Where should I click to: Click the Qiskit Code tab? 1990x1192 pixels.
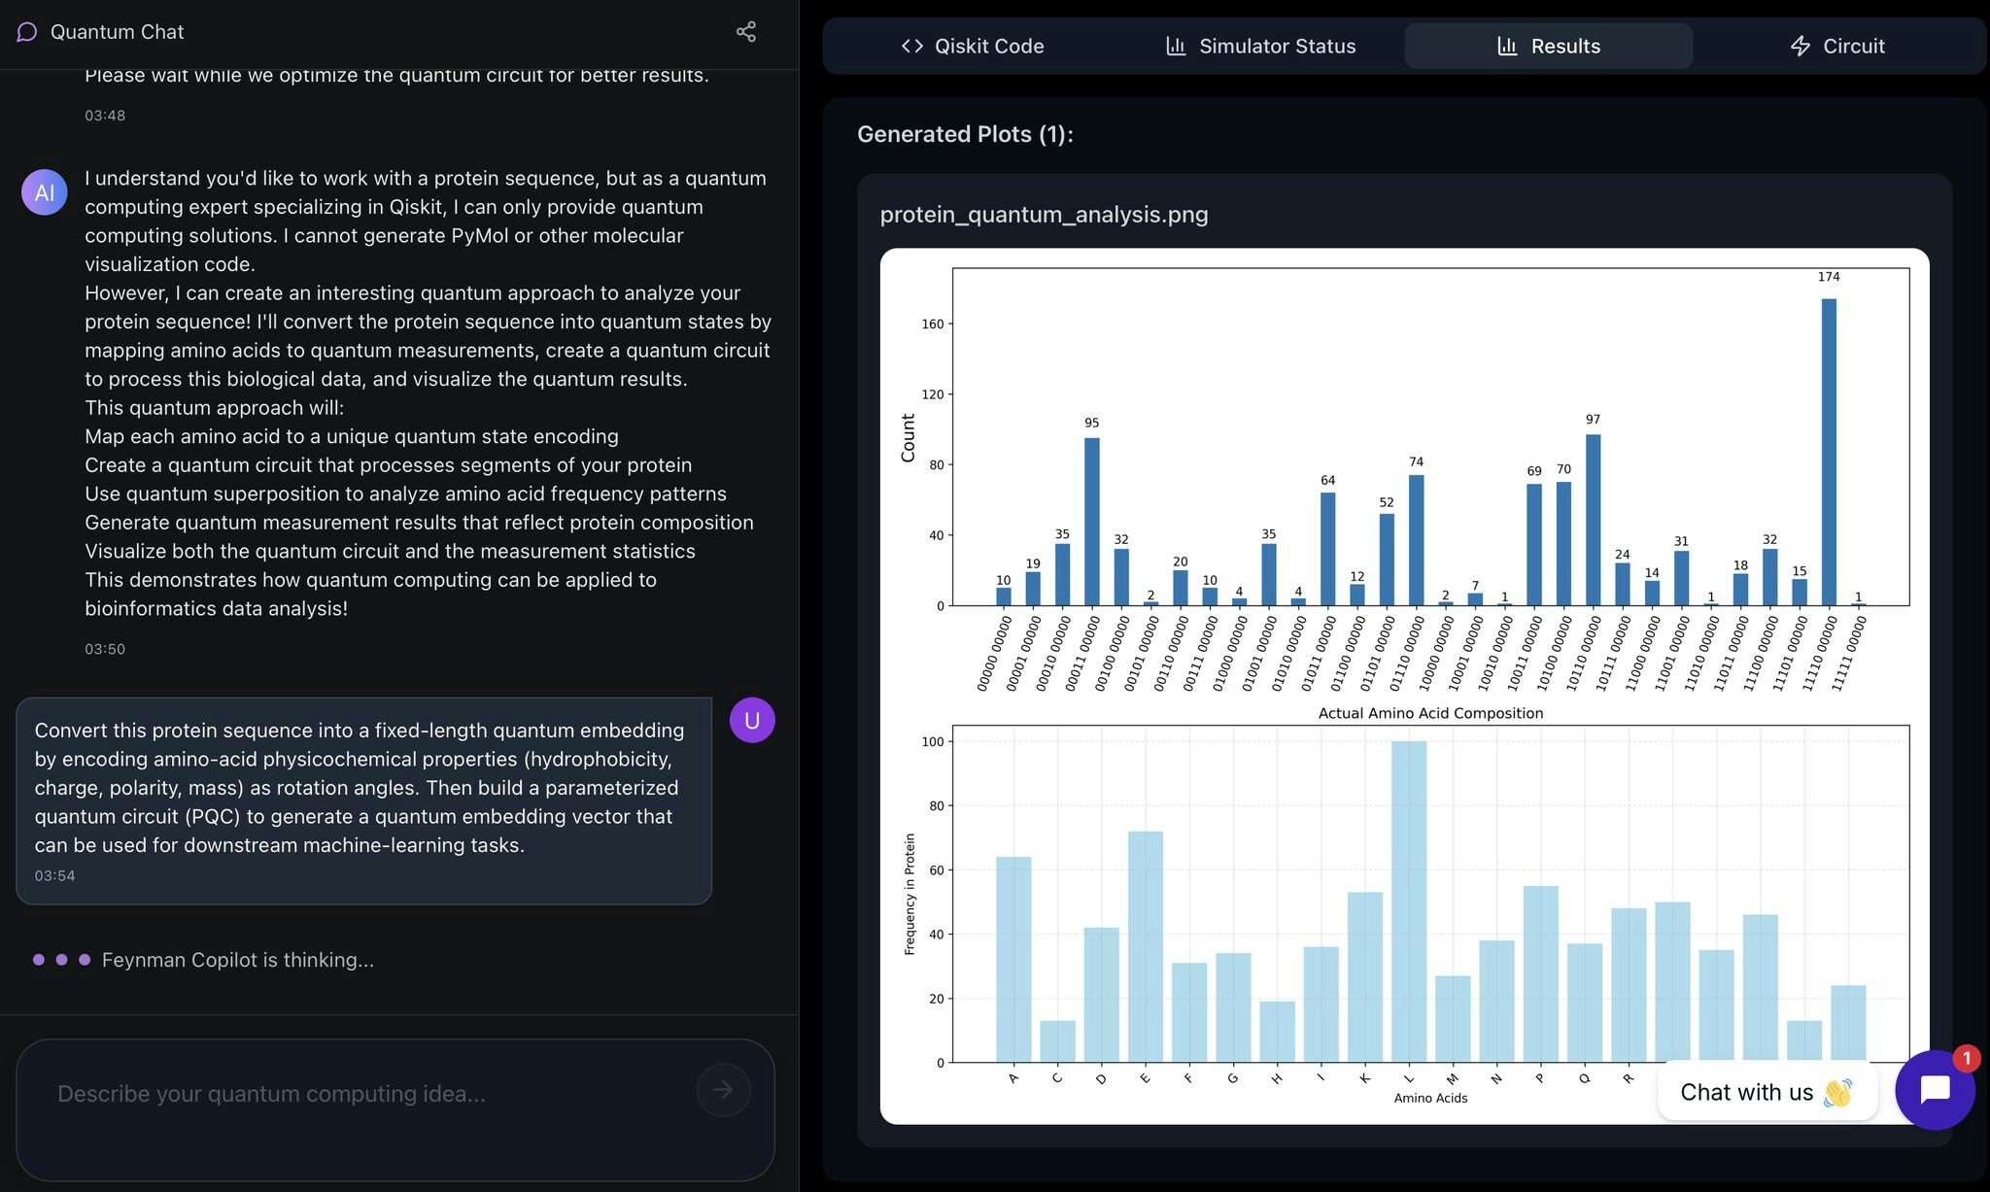[x=972, y=46]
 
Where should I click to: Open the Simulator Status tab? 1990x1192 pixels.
[x=1260, y=46]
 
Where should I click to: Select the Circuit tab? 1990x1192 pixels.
[x=1836, y=46]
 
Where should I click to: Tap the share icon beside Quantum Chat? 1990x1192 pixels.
[x=745, y=32]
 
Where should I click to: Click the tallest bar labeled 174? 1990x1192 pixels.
[x=1829, y=452]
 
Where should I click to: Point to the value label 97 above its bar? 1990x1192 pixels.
[x=1593, y=420]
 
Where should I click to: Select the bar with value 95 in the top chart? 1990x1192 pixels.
[x=1092, y=522]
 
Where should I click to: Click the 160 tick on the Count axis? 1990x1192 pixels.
[x=933, y=324]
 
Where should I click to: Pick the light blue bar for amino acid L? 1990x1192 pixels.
[x=1409, y=902]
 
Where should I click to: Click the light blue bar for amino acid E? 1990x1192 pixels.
[x=1146, y=947]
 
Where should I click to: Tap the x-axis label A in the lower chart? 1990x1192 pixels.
[x=1013, y=1077]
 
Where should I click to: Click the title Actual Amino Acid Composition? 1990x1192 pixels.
[x=1430, y=713]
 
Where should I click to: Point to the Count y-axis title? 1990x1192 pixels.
[x=909, y=437]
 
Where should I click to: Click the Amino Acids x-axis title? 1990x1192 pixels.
[x=1430, y=1098]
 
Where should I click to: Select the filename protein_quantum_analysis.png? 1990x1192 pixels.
[x=1044, y=215]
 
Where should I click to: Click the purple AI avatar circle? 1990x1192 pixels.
[x=45, y=192]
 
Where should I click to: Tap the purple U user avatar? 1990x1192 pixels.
[x=752, y=720]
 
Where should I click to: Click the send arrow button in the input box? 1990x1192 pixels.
[x=723, y=1090]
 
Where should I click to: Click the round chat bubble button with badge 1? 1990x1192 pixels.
[x=1935, y=1090]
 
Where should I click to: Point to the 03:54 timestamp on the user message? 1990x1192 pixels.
[x=54, y=875]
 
